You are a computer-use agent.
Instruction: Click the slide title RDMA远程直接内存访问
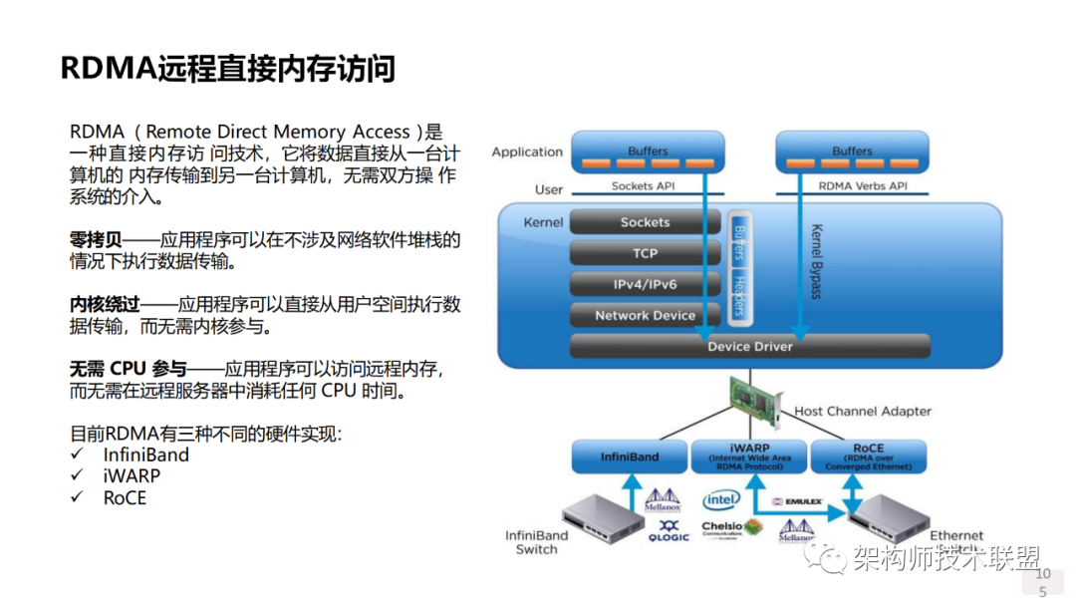[x=228, y=69]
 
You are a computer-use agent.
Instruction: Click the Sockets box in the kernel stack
[x=645, y=222]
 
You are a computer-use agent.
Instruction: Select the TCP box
[x=645, y=253]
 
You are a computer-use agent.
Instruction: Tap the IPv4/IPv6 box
[x=645, y=284]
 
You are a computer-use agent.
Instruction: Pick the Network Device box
[x=645, y=315]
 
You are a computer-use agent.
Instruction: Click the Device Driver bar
[x=749, y=346]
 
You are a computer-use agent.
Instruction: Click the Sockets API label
[x=645, y=185]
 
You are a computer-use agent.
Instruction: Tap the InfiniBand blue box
[x=630, y=456]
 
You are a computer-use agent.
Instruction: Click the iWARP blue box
[x=749, y=455]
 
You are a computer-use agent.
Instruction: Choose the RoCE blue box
[x=868, y=455]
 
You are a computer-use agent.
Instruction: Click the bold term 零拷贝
[x=96, y=239]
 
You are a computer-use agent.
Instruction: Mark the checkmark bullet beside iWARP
[x=77, y=476]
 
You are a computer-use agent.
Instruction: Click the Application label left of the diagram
[x=527, y=152]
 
